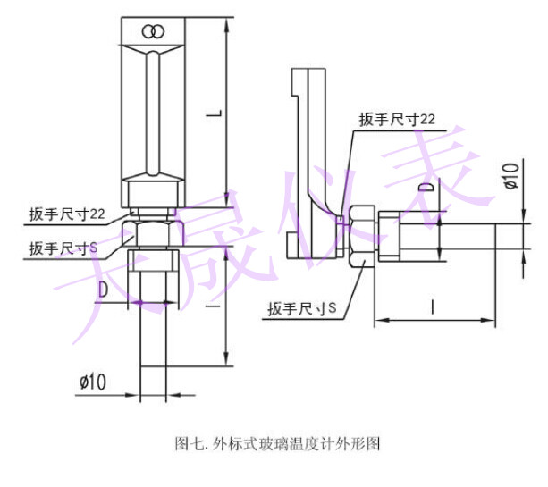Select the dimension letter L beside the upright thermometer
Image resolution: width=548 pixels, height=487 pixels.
point(212,113)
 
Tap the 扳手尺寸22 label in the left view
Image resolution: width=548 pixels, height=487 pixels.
point(66,214)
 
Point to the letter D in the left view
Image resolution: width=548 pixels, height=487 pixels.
point(104,288)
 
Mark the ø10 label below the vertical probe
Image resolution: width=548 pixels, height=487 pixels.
point(93,382)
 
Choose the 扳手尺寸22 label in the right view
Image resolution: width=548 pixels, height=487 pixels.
point(397,119)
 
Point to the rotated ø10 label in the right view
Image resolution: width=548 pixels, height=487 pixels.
point(510,175)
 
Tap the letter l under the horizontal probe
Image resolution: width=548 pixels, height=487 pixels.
point(434,307)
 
